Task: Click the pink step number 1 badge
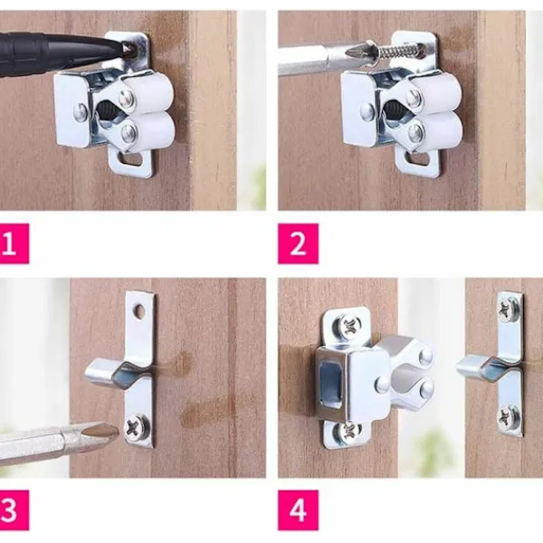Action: [x=14, y=243]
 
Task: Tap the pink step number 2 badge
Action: [x=298, y=243]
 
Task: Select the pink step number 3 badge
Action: [x=14, y=510]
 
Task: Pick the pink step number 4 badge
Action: [x=298, y=510]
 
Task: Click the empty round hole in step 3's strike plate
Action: [x=141, y=311]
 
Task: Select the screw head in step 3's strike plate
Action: [x=138, y=426]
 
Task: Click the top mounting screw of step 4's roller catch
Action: [x=349, y=326]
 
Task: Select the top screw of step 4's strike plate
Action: [x=509, y=310]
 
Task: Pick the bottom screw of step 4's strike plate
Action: [x=509, y=418]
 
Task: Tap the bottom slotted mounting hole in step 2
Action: [x=417, y=159]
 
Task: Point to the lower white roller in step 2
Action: [x=443, y=129]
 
